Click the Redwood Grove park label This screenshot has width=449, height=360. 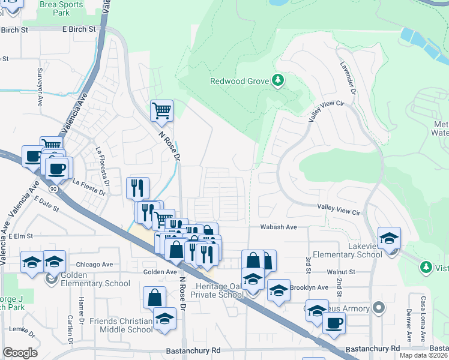pyautogui.click(x=239, y=81)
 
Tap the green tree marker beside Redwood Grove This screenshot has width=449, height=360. pyautogui.click(x=277, y=80)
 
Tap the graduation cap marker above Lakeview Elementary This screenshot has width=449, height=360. pyautogui.click(x=389, y=238)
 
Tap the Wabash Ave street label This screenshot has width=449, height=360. pyautogui.click(x=279, y=227)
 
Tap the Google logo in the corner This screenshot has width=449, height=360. pyautogui.click(x=20, y=353)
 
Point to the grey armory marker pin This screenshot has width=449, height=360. pyautogui.click(x=378, y=308)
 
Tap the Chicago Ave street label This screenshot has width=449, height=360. pyautogui.click(x=94, y=265)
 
